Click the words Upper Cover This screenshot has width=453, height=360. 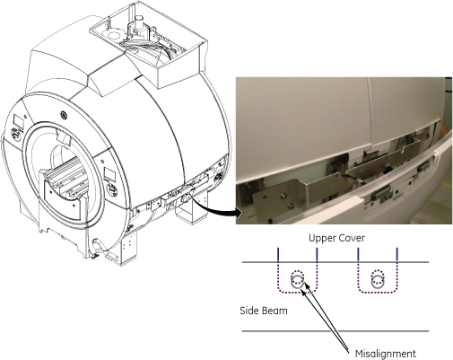click(336, 238)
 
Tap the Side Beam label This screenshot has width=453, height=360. click(264, 311)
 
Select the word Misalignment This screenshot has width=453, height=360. click(386, 354)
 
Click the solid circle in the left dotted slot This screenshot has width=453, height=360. click(297, 282)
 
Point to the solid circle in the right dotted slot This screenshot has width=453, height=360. click(378, 282)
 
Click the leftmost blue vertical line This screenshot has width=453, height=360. click(278, 255)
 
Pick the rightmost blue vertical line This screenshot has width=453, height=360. click(397, 255)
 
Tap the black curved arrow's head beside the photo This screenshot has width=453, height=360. click(239, 214)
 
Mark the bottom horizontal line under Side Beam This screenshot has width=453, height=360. click(335, 331)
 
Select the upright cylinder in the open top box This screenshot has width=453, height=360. click(139, 24)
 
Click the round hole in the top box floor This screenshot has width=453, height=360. click(113, 36)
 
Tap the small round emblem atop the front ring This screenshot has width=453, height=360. click(64, 114)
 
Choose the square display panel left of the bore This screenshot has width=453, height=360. click(19, 121)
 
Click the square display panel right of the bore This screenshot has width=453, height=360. click(109, 175)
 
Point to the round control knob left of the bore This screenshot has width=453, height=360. click(15, 132)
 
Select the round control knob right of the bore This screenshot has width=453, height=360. click(113, 190)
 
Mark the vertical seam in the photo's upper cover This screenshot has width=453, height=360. click(370, 114)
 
